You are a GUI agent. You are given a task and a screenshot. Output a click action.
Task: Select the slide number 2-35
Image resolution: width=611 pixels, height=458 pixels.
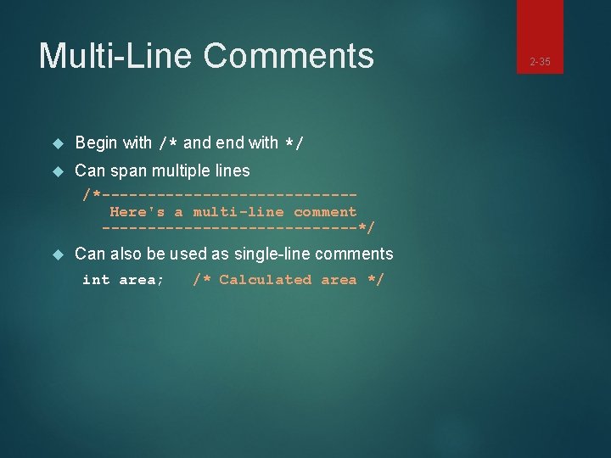[x=540, y=62]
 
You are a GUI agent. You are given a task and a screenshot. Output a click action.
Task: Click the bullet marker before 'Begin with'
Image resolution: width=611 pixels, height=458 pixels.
[x=58, y=143]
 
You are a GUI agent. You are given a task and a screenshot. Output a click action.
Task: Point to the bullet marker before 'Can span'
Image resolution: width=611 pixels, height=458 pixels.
[x=58, y=171]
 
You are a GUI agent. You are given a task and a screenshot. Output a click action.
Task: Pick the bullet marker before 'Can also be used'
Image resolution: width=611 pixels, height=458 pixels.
[x=58, y=254]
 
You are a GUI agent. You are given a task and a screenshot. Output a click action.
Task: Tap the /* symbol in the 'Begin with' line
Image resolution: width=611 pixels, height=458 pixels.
[x=168, y=143]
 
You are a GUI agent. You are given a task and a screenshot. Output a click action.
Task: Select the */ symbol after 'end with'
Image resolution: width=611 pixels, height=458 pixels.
[x=294, y=143]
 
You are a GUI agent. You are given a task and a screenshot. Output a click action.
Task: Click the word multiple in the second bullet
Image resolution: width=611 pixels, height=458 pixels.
[x=181, y=170]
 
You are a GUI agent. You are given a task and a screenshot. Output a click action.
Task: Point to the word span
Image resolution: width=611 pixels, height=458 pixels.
[x=128, y=171]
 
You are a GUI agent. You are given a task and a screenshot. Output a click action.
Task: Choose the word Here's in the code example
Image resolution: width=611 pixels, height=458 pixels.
[x=137, y=212]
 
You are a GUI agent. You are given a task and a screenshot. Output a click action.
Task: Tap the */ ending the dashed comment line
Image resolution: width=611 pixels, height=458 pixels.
[x=367, y=227]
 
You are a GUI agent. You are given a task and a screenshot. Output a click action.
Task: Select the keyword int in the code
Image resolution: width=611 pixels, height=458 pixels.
[x=96, y=280]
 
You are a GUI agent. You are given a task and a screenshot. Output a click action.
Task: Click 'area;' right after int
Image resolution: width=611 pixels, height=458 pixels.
[x=142, y=280]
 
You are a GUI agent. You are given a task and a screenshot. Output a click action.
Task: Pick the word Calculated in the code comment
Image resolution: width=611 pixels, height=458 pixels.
[x=266, y=280]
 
